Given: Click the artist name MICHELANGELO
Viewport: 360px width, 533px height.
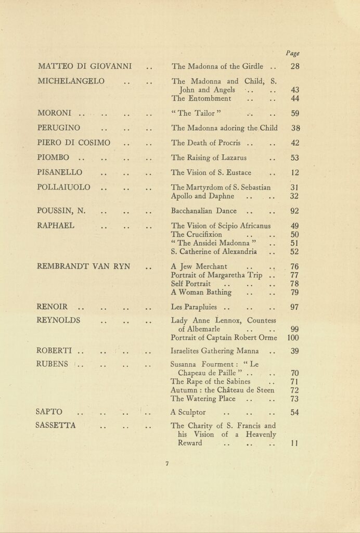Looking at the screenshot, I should pyautogui.click(x=71, y=81).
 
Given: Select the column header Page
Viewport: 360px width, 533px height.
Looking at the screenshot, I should pyautogui.click(x=293, y=53).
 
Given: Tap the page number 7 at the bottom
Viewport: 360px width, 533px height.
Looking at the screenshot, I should pyautogui.click(x=167, y=464).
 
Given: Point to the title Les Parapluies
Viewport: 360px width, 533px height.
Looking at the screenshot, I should pyautogui.click(x=194, y=307).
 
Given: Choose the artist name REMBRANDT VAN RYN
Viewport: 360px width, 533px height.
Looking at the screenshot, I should pyautogui.click(x=84, y=266).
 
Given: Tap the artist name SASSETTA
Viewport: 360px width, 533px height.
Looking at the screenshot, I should pyautogui.click(x=56, y=425).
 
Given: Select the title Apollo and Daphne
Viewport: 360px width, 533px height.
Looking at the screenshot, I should pyautogui.click(x=202, y=196).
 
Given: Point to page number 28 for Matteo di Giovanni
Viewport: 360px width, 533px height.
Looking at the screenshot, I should pyautogui.click(x=295, y=67).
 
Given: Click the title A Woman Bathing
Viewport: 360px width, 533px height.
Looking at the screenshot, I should pyautogui.click(x=201, y=292).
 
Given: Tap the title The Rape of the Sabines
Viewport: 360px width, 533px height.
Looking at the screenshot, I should pyautogui.click(x=207, y=382).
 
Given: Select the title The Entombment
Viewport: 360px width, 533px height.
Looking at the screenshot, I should pyautogui.click(x=201, y=98).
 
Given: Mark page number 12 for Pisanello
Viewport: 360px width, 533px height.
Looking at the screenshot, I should pyautogui.click(x=295, y=173).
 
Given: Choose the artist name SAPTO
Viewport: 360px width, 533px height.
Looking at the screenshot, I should pyautogui.click(x=49, y=412).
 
